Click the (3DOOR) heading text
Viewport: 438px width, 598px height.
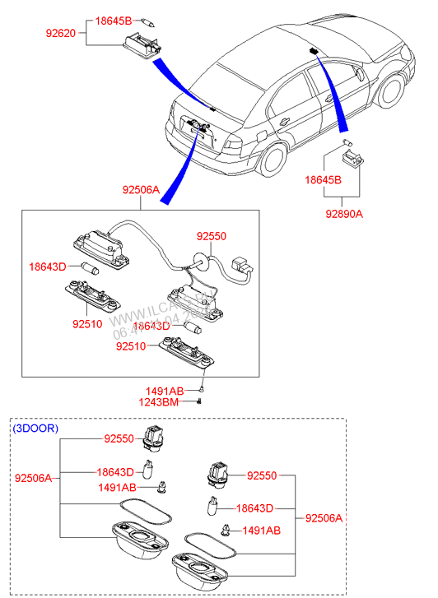tap(35, 429)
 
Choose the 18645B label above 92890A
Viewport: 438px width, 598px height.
tap(323, 178)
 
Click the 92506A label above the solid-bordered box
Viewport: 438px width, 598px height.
tap(141, 189)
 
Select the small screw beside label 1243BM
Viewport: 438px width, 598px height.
tap(200, 401)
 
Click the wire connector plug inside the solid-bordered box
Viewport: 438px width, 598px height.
tap(242, 265)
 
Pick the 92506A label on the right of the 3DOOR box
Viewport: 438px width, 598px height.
tap(324, 518)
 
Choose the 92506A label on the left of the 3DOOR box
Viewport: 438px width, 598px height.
tap(34, 478)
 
